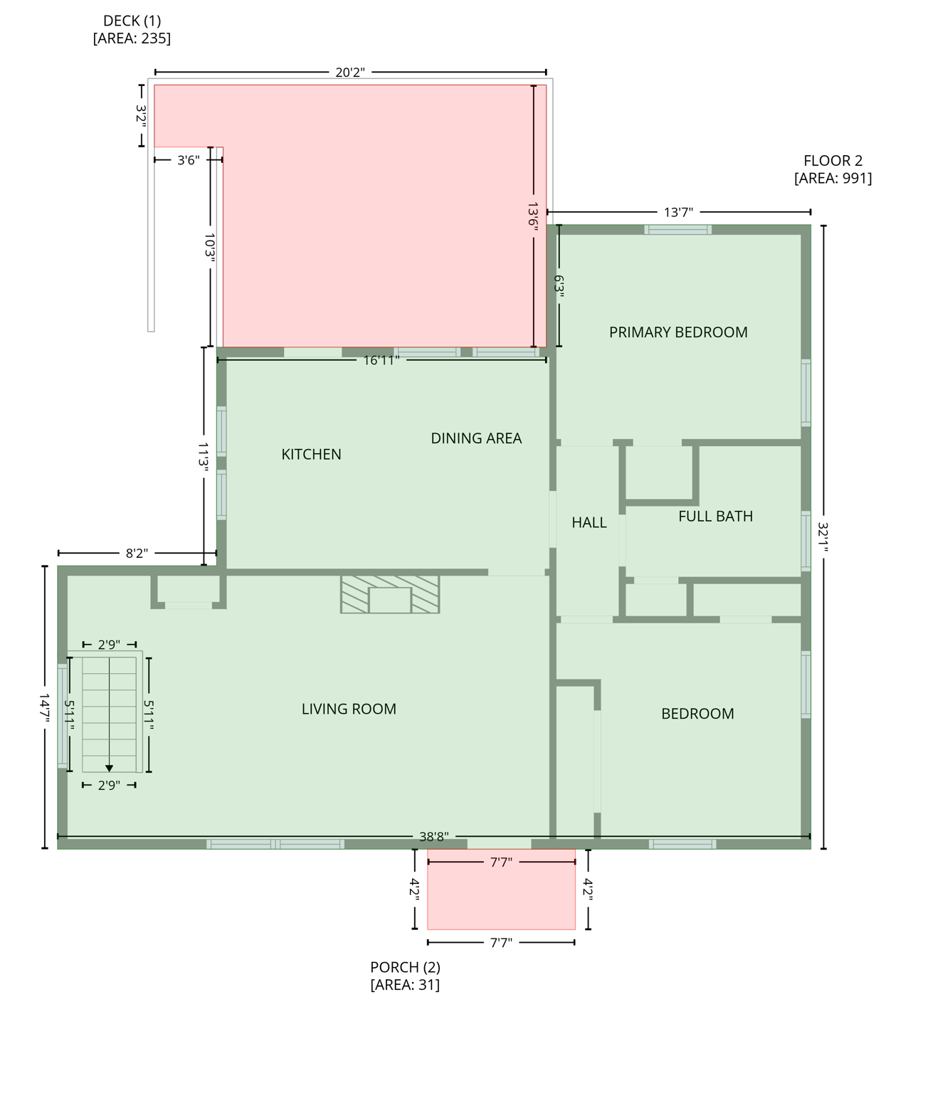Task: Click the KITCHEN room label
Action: [x=311, y=454]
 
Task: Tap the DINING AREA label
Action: [x=476, y=438]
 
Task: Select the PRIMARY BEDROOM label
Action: [x=678, y=332]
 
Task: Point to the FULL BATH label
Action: [x=715, y=517]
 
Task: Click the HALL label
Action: [x=589, y=523]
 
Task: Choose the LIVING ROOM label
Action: [x=349, y=709]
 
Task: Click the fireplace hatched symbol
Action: [x=390, y=594]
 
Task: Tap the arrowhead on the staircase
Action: [x=109, y=768]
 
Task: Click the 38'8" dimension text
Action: [x=433, y=837]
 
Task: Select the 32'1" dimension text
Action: [x=823, y=537]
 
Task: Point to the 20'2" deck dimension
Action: [x=350, y=73]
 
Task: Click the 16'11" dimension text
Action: [x=381, y=360]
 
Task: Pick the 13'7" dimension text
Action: [x=678, y=212]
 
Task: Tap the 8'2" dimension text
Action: [x=137, y=553]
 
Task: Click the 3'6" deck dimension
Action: [x=188, y=160]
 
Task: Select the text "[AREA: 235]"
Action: [x=132, y=38]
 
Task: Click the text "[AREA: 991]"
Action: [x=833, y=179]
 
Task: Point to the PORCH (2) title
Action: [x=405, y=967]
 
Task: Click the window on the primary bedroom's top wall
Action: [x=677, y=229]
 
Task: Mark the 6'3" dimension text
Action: [x=559, y=286]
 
